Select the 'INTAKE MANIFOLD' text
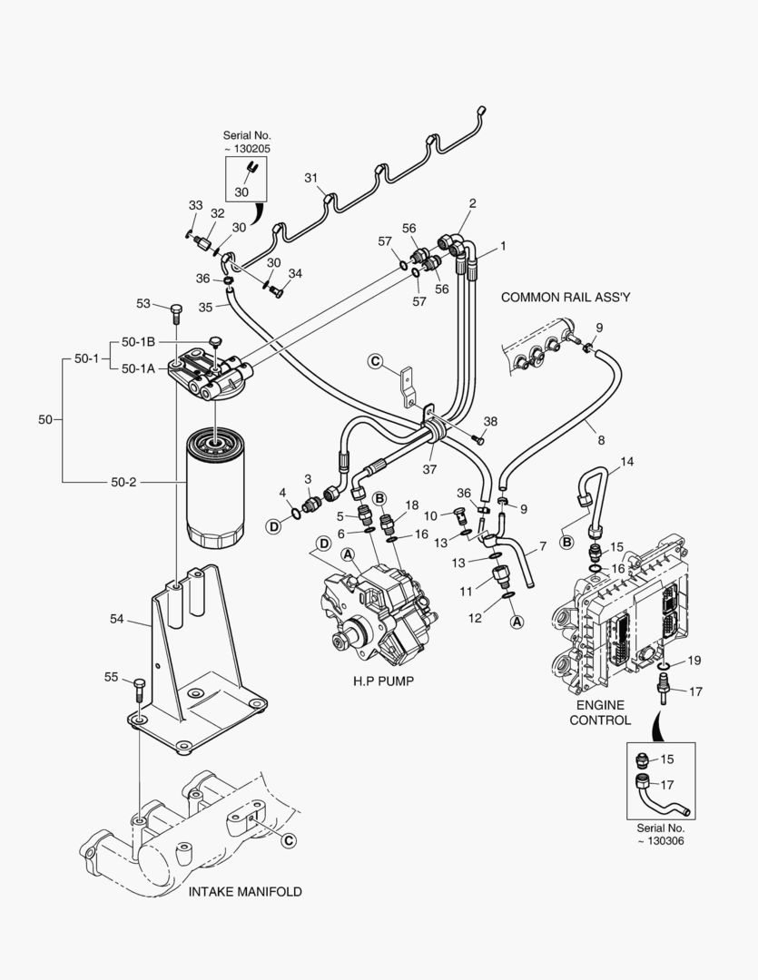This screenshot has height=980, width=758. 245,891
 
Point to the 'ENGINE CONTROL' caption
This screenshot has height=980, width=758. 599,712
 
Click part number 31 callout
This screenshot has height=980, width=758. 310,179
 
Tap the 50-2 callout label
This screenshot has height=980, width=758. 123,482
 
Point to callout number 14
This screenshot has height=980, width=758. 626,462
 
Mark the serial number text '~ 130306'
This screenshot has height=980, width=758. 660,841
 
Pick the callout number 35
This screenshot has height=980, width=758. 206,308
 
